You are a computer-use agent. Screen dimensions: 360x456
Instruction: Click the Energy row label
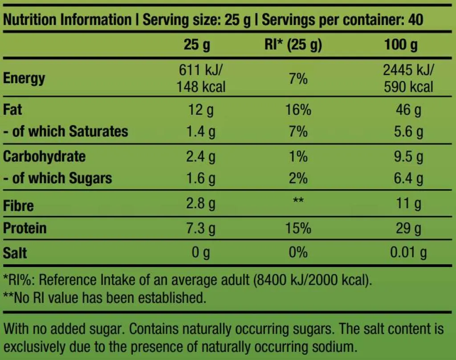tap(24, 79)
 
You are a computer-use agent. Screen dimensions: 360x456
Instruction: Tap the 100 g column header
tap(401, 45)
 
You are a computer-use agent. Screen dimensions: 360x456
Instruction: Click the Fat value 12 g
tap(201, 109)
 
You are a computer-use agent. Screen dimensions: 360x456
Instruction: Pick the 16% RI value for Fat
tap(298, 109)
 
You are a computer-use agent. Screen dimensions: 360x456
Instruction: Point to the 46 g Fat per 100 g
tap(408, 109)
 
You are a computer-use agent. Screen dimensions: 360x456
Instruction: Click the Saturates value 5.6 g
tap(408, 132)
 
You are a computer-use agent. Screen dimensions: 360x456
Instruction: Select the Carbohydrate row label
tap(44, 157)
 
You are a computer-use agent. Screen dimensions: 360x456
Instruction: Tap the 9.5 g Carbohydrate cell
tap(408, 157)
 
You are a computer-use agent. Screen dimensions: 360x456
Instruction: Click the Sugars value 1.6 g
tap(201, 178)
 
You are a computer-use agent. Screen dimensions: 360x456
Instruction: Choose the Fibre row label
tap(18, 206)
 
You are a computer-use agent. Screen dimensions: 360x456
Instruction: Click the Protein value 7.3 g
tap(201, 229)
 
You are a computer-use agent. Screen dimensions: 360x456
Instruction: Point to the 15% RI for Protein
tap(298, 229)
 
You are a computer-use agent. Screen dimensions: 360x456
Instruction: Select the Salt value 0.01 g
tap(408, 253)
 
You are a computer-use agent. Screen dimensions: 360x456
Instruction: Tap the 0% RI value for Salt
tap(298, 253)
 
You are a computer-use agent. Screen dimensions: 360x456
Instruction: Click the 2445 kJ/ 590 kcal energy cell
tap(408, 78)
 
